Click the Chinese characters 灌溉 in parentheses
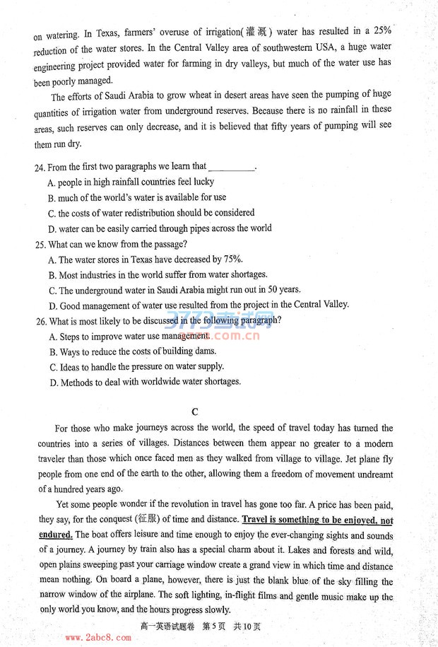pyautogui.click(x=258, y=32)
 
